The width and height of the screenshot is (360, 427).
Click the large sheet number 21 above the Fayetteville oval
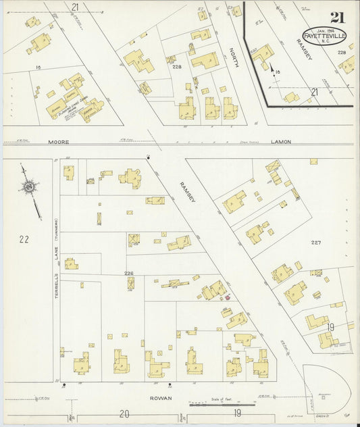(336, 18)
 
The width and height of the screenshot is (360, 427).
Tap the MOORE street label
(59, 143)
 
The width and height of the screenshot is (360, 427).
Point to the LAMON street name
(280, 143)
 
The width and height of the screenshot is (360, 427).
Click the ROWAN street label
(161, 398)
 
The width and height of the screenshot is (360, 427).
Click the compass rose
(29, 185)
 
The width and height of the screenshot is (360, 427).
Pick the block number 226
(128, 274)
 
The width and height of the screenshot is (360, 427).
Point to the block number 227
(315, 243)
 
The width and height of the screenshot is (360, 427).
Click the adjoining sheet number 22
(24, 238)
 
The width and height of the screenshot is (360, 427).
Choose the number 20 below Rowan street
(124, 413)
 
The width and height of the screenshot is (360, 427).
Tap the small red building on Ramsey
(227, 297)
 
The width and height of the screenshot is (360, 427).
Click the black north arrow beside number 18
(273, 68)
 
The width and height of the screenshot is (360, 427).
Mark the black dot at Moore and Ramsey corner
(148, 157)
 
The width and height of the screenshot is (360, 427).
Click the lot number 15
(39, 67)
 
